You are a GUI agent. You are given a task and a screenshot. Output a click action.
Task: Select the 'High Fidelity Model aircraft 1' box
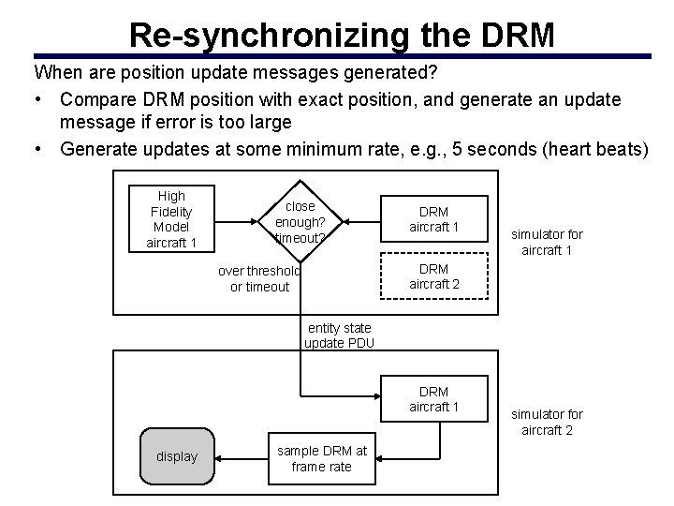tap(171, 219)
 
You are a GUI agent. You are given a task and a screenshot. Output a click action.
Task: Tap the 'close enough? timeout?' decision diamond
tap(300, 222)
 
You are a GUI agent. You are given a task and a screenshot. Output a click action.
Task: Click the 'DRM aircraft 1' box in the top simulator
tap(433, 219)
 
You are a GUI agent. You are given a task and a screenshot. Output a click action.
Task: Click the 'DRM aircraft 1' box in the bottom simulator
tap(433, 398)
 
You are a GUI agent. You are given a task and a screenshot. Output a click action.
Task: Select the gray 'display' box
tap(177, 456)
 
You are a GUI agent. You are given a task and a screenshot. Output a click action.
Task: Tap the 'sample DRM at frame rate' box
tap(321, 458)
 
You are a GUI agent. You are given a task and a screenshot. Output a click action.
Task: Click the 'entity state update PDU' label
tap(338, 335)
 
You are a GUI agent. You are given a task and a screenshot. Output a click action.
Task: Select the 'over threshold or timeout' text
tap(259, 278)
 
